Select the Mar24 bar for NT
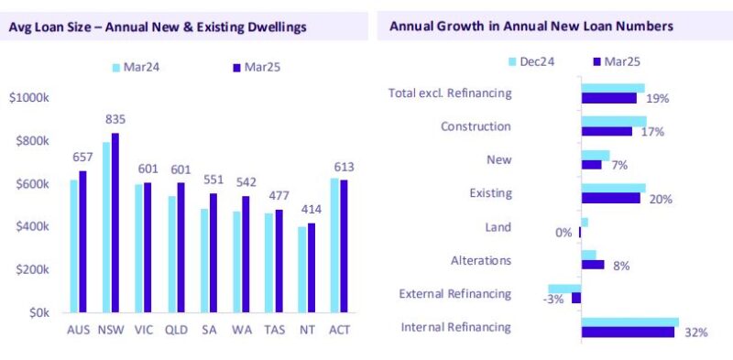tap(302, 269)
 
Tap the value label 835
tap(115, 119)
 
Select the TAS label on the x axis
tap(276, 330)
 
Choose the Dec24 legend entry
tap(527, 61)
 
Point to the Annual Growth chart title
tap(531, 27)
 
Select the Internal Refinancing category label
tap(457, 327)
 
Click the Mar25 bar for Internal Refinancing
tap(628, 332)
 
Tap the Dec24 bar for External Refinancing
tap(564, 289)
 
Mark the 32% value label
tap(696, 332)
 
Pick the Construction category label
tap(476, 126)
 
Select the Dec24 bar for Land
tap(585, 223)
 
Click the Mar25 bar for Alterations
tap(593, 265)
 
